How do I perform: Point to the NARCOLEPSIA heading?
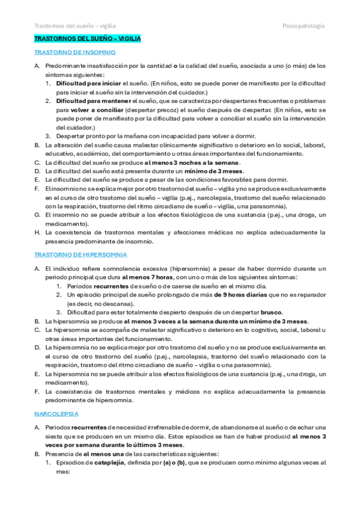[57, 398]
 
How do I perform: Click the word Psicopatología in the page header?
[304, 26]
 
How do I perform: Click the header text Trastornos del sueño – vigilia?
[75, 26]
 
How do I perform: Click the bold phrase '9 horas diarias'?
[241, 295]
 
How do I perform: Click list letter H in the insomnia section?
[37, 232]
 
